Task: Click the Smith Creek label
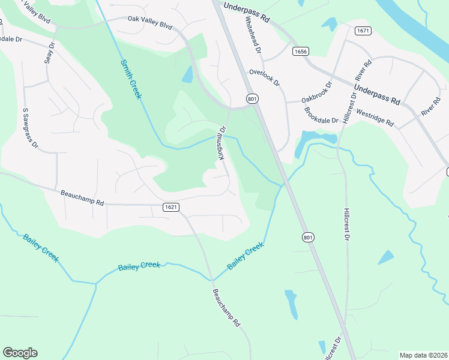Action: [x=131, y=79]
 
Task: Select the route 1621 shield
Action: [x=170, y=207]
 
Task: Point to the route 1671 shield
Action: [x=362, y=31]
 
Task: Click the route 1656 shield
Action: [x=301, y=52]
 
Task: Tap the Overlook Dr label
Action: [x=265, y=78]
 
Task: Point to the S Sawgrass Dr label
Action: [x=30, y=128]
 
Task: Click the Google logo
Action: [x=20, y=353]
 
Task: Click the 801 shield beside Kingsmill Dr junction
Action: [x=252, y=98]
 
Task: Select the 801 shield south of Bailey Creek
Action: [x=307, y=238]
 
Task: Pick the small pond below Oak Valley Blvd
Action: [x=187, y=74]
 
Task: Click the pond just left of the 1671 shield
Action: [x=330, y=24]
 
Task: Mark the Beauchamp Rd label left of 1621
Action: [x=82, y=198]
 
